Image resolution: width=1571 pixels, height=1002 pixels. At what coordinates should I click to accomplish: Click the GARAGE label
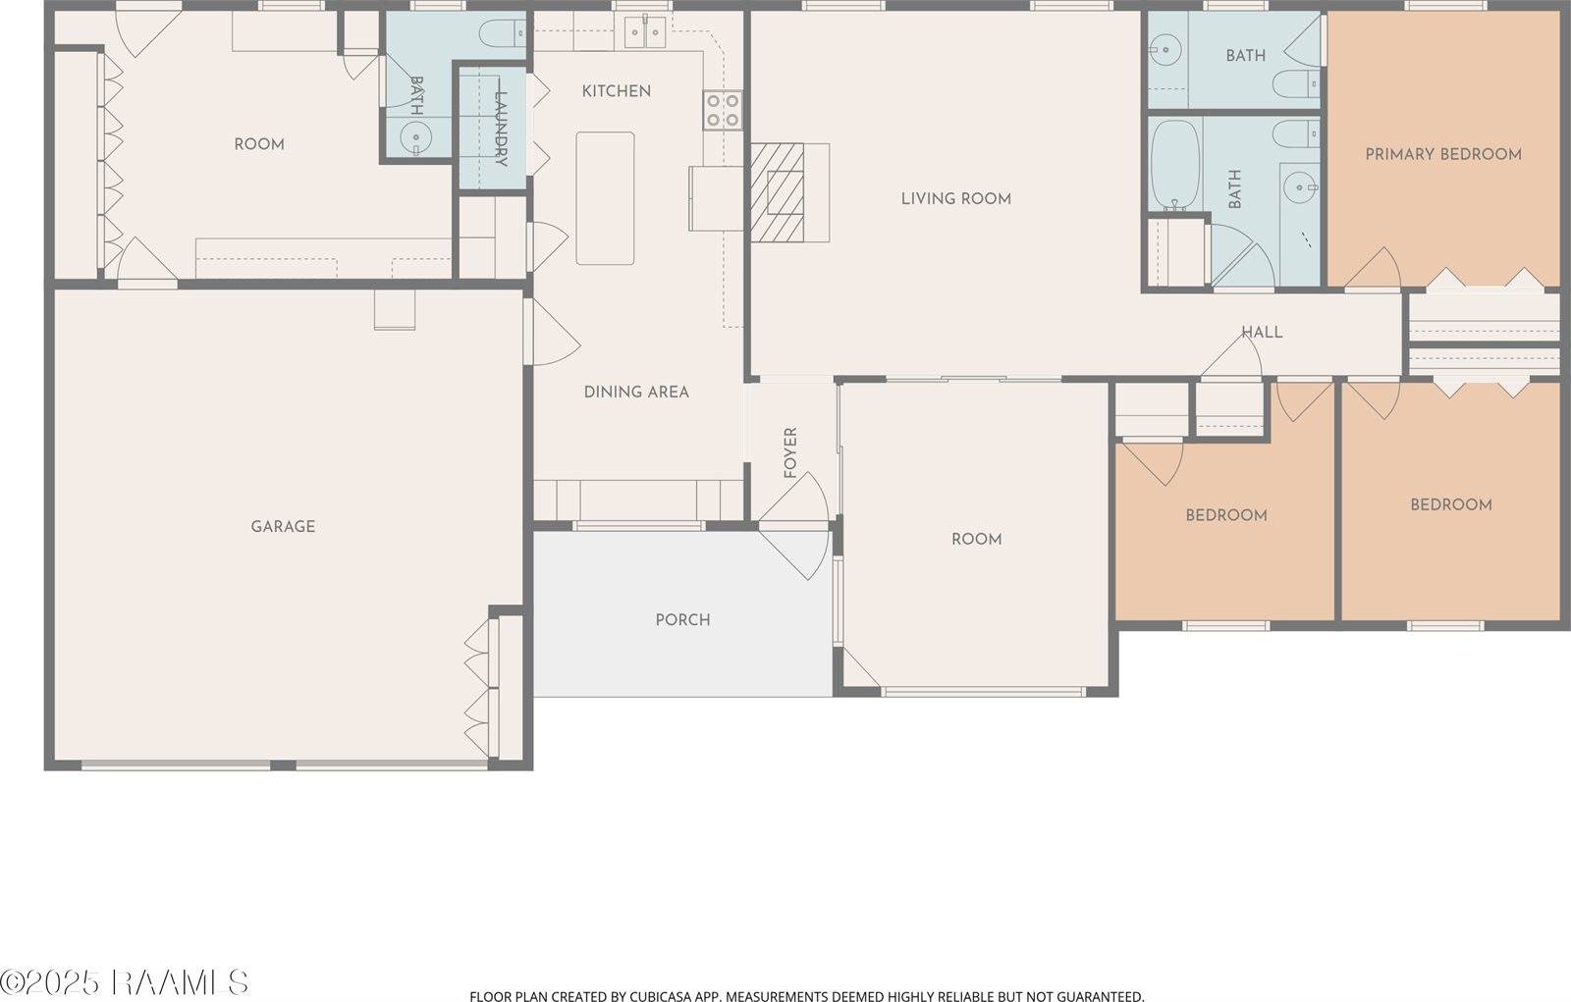[x=283, y=527]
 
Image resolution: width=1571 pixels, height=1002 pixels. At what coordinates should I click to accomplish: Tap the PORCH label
[x=682, y=620]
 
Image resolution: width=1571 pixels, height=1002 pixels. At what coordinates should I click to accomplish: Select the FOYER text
[x=790, y=452]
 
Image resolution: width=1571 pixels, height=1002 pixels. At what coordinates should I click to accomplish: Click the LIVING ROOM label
[x=955, y=199]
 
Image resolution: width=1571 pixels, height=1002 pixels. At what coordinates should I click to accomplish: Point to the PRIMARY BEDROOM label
[x=1442, y=154]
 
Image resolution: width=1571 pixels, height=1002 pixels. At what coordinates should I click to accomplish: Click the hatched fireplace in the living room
[x=779, y=192]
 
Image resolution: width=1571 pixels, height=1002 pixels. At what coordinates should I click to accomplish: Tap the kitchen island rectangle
[x=605, y=198]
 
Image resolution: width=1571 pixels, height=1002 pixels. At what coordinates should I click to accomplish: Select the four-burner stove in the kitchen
[x=722, y=110]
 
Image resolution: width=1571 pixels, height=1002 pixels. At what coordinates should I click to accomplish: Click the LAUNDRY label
[x=500, y=129]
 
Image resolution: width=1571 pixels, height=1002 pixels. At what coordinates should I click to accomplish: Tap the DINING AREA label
[x=636, y=393]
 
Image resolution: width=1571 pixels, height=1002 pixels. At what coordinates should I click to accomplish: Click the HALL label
[x=1262, y=333]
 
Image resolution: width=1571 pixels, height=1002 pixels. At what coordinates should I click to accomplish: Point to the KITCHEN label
[x=616, y=91]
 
